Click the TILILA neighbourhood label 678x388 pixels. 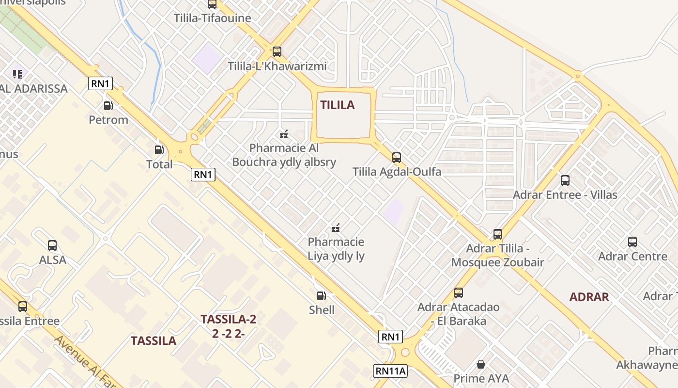338,105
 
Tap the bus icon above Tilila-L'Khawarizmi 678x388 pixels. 277,51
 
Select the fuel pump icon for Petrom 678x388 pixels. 108,105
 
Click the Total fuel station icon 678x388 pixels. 159,150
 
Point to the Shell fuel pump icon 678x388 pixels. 321,295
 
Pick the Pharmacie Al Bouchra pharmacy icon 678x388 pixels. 284,134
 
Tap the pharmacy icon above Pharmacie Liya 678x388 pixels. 336,227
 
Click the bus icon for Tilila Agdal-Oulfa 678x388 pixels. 397,157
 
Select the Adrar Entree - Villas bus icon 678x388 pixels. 565,180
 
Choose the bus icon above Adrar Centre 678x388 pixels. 632,242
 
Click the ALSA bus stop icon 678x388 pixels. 52,245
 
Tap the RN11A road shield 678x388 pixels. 390,372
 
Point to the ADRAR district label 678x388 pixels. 589,297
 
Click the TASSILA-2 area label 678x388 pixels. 228,319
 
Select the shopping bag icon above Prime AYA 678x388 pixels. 481,364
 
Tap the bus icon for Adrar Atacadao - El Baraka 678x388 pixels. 459,292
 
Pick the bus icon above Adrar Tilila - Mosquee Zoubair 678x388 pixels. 498,234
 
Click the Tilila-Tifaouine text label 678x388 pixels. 213,18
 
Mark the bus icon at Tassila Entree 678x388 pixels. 23,306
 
